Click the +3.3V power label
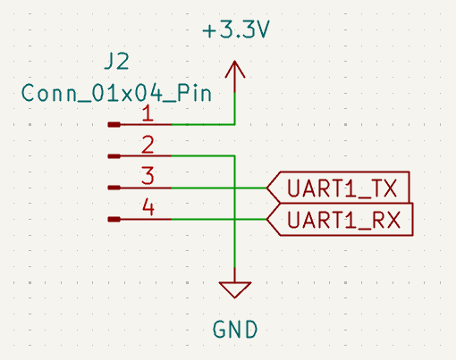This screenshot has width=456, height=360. [236, 29]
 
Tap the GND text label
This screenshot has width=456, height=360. [235, 330]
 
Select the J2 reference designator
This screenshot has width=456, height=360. [116, 62]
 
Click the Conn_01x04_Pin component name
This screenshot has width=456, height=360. [116, 93]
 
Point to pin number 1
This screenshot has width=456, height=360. [148, 113]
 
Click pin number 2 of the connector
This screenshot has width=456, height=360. [148, 145]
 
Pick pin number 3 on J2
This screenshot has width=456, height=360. [148, 176]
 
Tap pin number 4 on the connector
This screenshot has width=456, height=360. [148, 207]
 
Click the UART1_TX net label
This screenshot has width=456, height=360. [338, 188]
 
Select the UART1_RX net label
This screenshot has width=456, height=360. [340, 220]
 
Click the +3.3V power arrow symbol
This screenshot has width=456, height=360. [235, 77]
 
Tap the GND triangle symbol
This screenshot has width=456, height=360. [235, 289]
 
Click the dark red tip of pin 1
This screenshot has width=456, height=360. [114, 125]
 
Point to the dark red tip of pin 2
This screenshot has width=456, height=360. [114, 156]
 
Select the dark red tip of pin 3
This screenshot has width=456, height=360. [114, 188]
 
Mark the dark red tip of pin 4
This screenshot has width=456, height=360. [114, 220]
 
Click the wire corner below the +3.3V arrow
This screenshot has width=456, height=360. [235, 125]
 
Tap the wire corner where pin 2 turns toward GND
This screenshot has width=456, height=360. [235, 156]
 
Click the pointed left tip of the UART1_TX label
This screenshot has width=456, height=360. [266, 188]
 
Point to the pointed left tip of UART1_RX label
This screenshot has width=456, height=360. [266, 220]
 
